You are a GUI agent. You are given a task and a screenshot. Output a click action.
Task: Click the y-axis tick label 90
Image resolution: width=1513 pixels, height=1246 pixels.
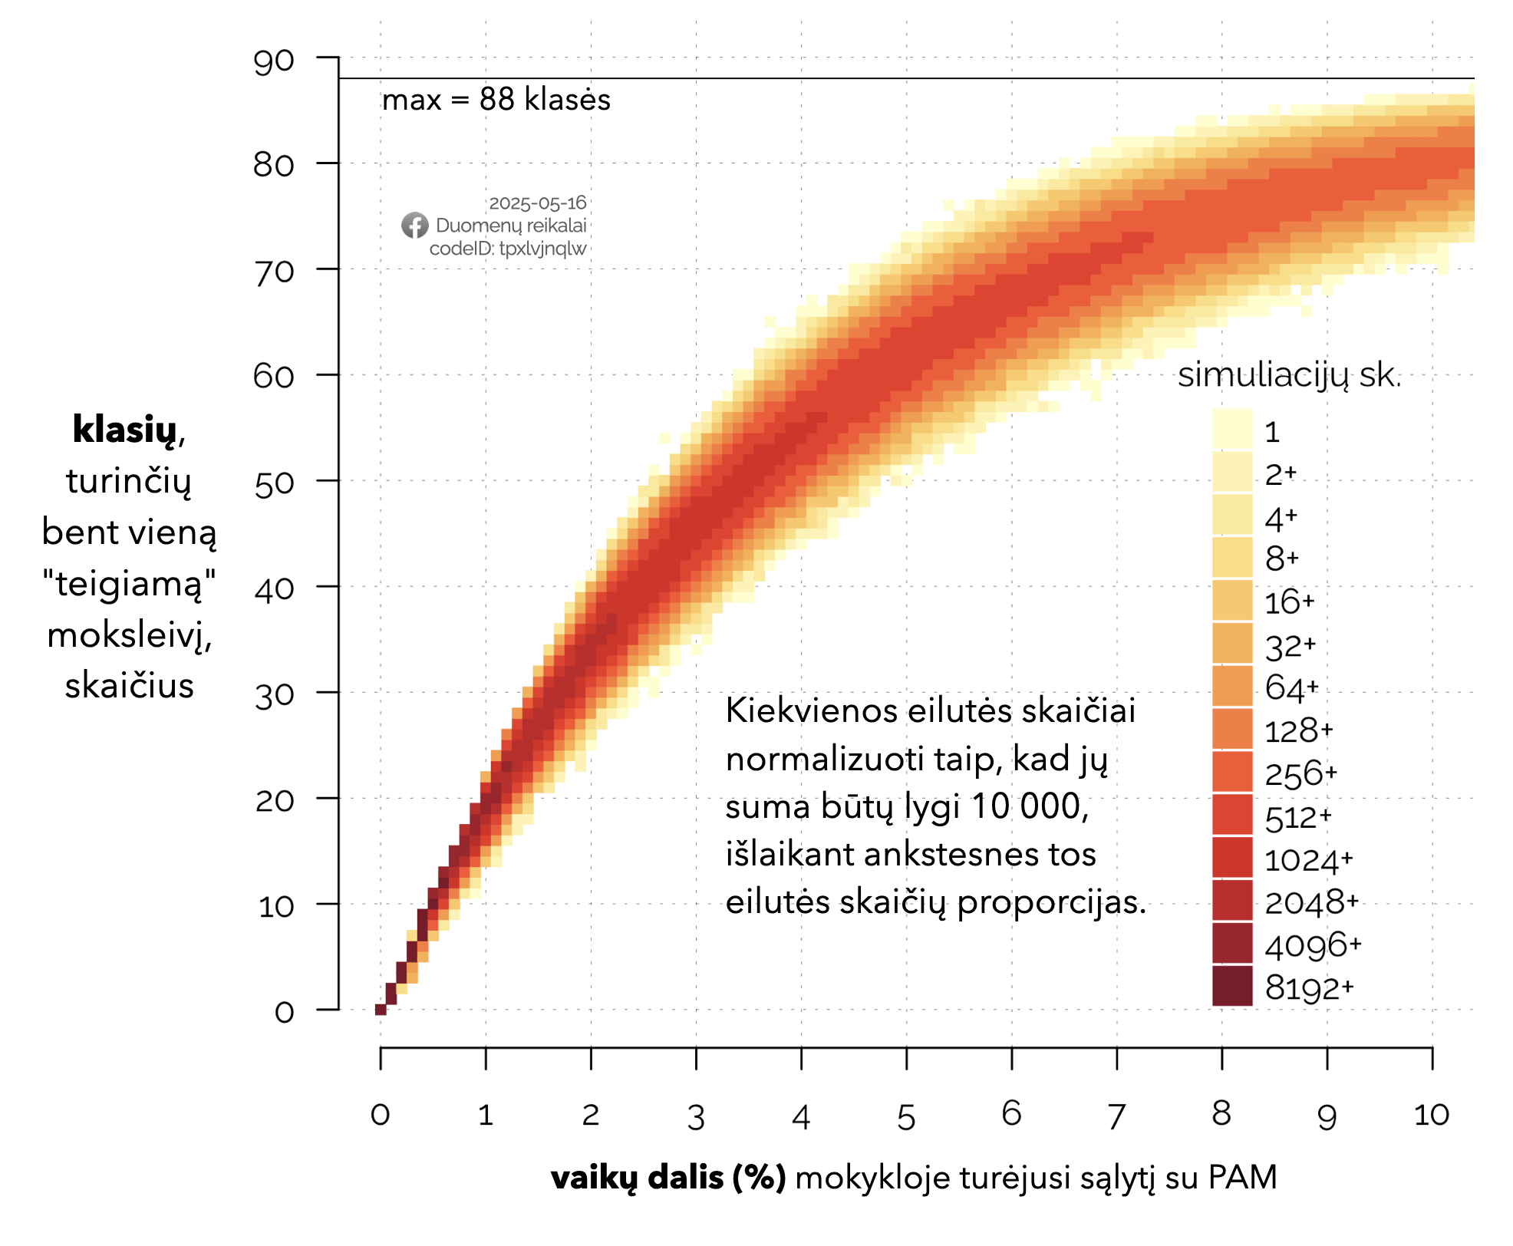click(274, 61)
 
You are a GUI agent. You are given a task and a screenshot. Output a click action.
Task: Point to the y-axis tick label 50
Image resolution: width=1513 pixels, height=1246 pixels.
click(274, 484)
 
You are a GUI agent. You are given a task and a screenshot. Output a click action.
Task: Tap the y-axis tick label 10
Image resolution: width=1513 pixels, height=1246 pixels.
click(275, 907)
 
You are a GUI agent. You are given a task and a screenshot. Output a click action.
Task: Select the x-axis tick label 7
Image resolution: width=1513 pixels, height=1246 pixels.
click(1116, 1116)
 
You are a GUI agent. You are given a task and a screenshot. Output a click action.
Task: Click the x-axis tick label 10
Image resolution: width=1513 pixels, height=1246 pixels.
click(1431, 1115)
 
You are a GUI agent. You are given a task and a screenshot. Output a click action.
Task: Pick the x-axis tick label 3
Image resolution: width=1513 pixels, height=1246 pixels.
click(696, 1118)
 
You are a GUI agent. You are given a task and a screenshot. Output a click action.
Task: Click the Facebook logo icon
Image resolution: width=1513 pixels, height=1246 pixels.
click(415, 226)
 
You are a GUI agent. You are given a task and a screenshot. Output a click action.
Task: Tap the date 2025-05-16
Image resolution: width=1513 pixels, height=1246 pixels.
click(537, 203)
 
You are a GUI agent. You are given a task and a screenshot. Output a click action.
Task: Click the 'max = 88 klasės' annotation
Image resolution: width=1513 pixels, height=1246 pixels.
click(496, 100)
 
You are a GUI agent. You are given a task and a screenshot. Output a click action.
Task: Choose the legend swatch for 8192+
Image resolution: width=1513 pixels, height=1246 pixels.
click(1232, 986)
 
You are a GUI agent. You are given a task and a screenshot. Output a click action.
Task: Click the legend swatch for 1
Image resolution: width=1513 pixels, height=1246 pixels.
click(1232, 429)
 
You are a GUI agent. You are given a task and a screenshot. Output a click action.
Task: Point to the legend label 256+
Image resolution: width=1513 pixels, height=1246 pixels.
click(1300, 773)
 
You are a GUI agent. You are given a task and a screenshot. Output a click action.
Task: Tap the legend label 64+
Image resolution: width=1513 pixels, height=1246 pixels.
click(1291, 687)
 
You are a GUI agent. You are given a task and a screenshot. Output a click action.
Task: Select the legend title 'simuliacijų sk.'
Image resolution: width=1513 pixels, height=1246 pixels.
click(1289, 375)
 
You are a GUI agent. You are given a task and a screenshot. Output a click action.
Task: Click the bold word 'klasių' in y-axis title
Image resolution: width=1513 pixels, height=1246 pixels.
click(124, 430)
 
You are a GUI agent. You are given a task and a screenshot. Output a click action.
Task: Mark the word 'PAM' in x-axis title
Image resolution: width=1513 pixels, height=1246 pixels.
click(1242, 1178)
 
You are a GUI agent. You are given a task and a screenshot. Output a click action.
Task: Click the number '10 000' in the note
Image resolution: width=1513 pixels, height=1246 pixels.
click(1029, 806)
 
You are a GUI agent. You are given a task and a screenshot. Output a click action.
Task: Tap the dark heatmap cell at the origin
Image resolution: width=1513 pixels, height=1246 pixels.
click(381, 1009)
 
